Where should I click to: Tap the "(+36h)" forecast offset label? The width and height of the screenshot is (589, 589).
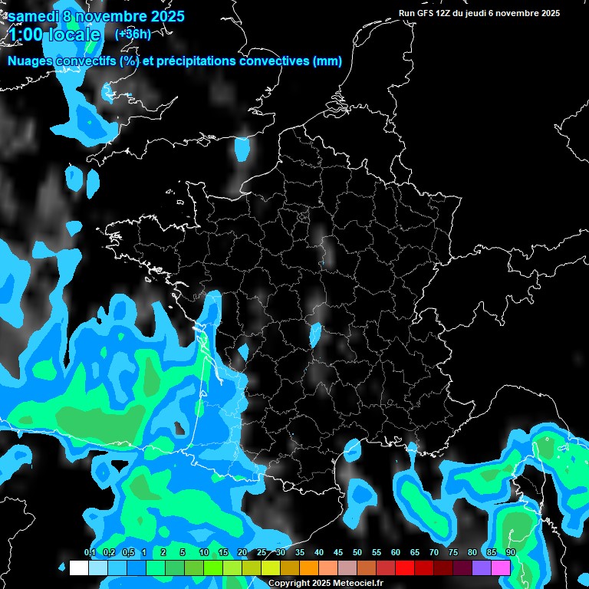point(132,34)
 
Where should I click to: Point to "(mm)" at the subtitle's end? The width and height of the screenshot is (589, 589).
point(327,61)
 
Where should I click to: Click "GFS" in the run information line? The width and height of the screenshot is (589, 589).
point(426,13)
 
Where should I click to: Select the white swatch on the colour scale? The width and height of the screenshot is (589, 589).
point(78,568)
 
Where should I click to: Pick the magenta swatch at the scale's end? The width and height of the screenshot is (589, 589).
point(501,568)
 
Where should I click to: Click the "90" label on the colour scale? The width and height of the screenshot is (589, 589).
point(511,553)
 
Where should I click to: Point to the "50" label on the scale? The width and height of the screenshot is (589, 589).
point(357,553)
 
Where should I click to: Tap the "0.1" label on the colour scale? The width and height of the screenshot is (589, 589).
point(90,553)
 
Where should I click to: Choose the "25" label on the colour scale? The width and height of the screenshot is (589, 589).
point(262,553)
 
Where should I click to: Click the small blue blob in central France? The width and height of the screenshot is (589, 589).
point(314,334)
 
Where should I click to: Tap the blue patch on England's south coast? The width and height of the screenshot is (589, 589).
point(242,148)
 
